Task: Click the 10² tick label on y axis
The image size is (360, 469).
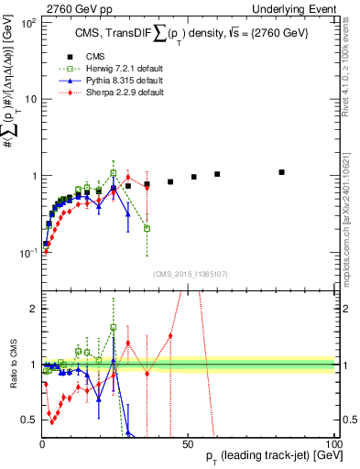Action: click(x=27, y=22)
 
